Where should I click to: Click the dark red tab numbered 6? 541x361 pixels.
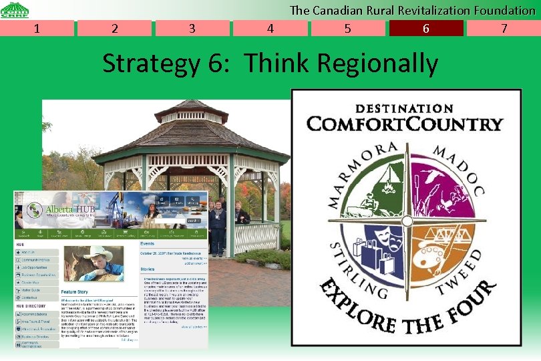pos(425,28)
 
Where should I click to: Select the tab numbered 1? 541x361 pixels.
pos(37,28)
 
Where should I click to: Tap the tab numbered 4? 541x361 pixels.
pos(270,28)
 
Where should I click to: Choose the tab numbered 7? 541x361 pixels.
pos(504,28)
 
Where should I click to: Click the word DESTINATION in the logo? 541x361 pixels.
pos(405,108)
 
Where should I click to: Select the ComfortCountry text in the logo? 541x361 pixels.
pos(405,124)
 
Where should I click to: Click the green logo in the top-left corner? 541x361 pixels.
pos(15,9)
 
